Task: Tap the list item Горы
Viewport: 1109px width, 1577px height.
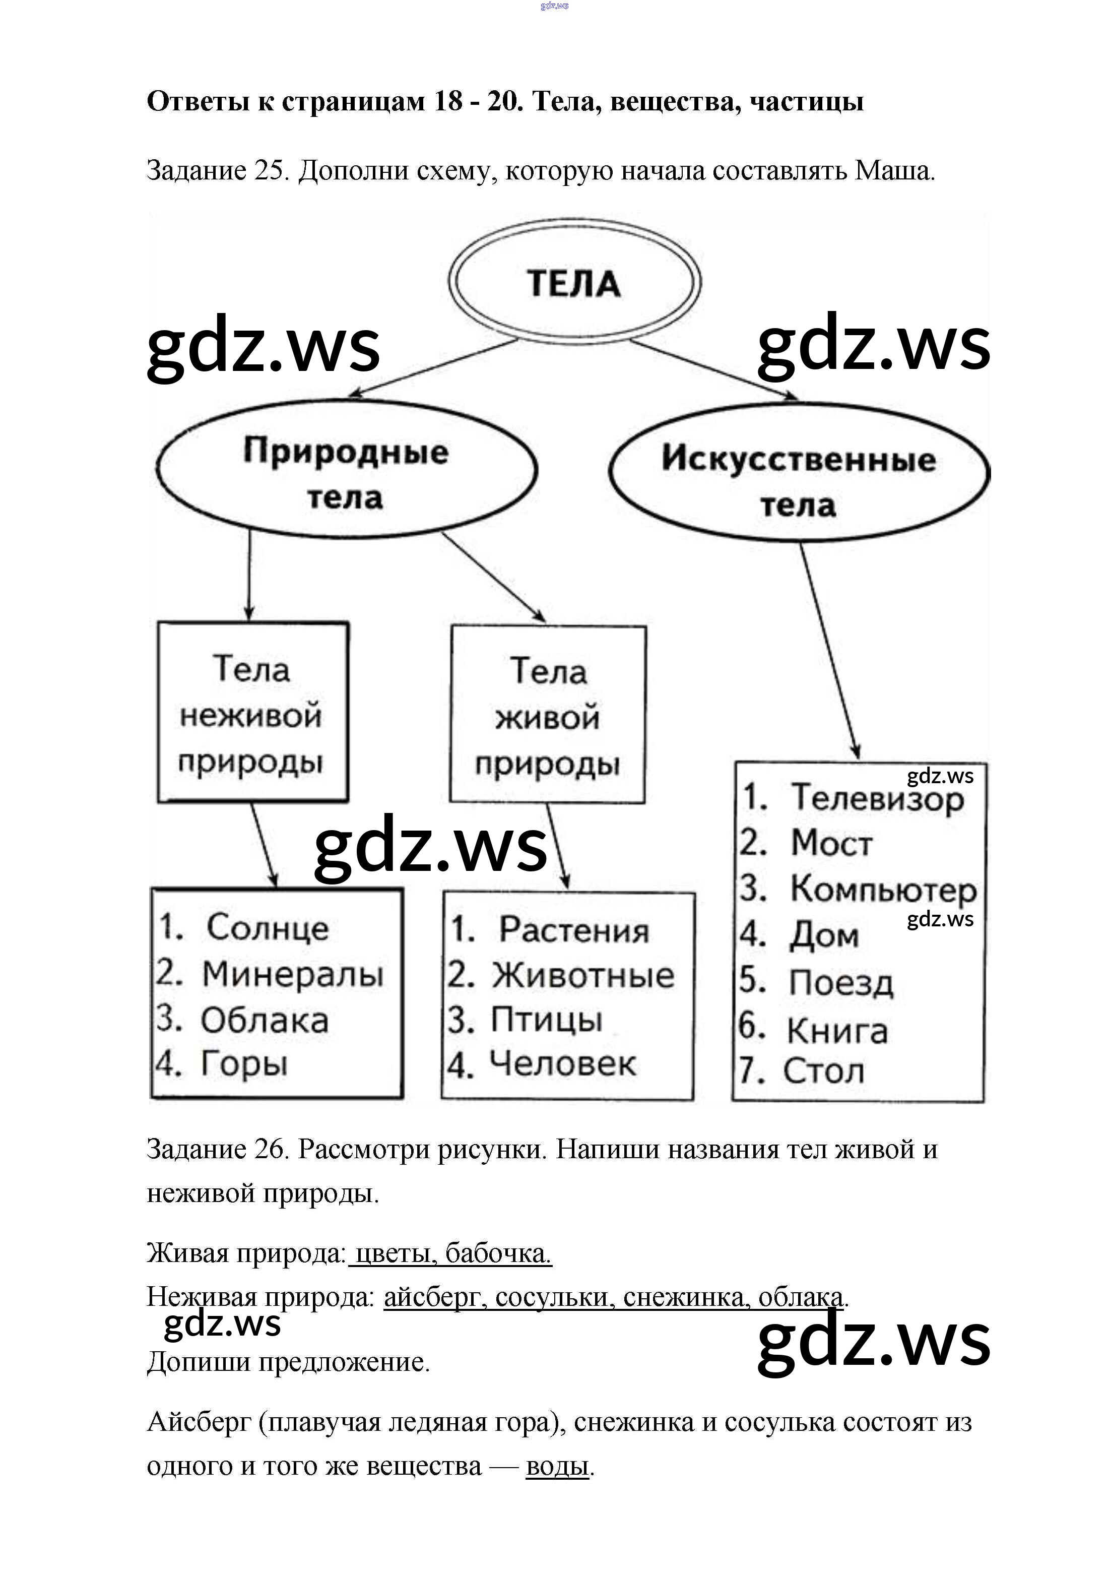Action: point(244,1064)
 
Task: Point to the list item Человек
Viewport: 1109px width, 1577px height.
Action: point(562,1064)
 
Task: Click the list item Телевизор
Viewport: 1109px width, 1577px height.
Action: point(877,798)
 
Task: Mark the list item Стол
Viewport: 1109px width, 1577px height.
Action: point(823,1071)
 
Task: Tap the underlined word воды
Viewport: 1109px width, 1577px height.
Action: point(557,1467)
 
